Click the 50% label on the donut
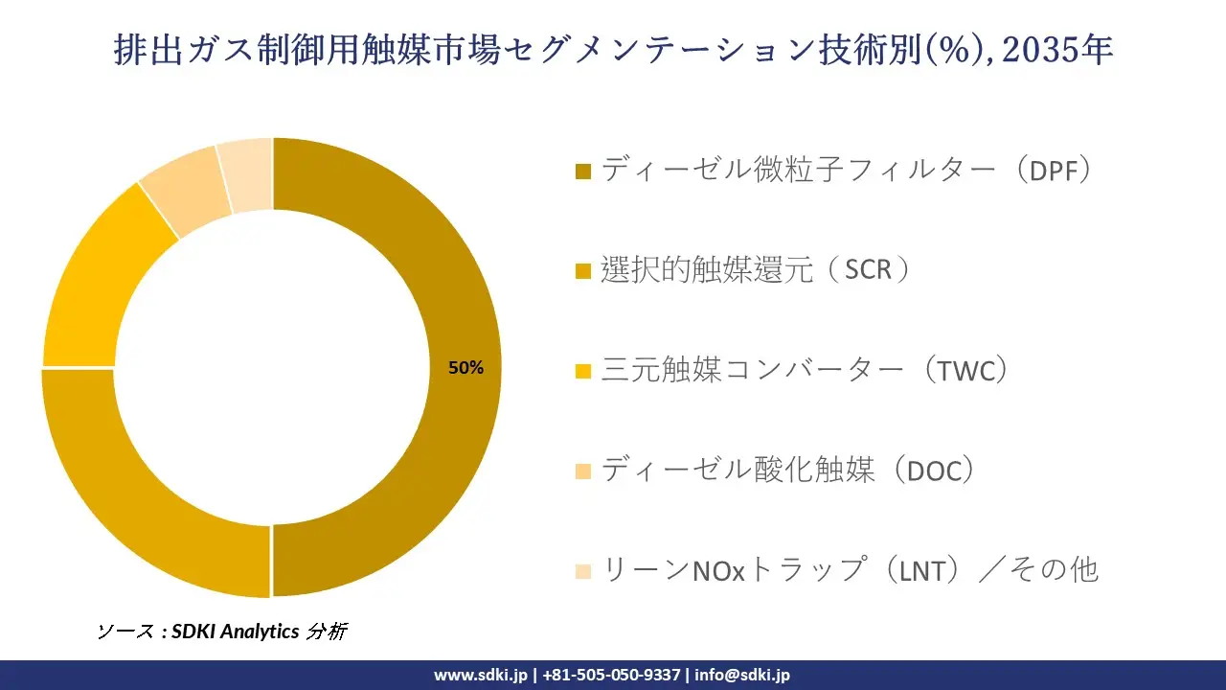coord(466,368)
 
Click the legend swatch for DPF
coord(583,172)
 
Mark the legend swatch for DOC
coord(583,471)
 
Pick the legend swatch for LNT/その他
coord(583,571)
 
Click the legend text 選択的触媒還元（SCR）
coord(757,270)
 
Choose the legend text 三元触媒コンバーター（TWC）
coord(805,370)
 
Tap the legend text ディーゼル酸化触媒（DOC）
coord(788,470)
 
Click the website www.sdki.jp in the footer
coord(481,675)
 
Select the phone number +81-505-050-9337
coord(611,675)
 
